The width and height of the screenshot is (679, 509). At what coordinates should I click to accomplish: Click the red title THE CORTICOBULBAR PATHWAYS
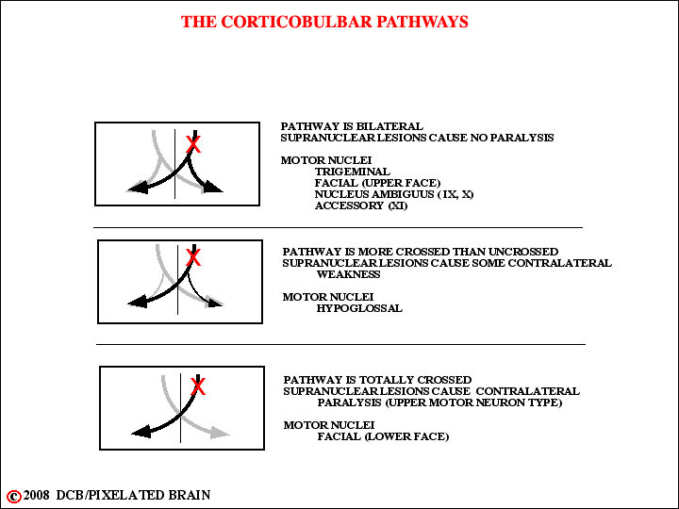(324, 22)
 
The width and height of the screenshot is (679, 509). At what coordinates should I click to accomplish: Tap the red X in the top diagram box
(193, 144)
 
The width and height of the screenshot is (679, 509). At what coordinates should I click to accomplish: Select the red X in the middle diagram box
(193, 257)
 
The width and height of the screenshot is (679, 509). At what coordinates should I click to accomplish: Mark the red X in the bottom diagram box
(198, 386)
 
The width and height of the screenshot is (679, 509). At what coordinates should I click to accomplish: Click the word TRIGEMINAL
(352, 172)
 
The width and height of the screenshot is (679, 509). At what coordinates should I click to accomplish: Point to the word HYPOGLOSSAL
(359, 308)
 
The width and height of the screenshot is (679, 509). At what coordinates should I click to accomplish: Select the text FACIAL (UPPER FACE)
(377, 183)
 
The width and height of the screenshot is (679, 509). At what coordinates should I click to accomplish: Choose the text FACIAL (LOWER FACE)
(383, 436)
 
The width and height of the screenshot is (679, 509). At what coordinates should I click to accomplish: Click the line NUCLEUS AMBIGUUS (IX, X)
(394, 194)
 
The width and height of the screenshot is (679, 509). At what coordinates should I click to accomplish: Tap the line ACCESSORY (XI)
(361, 205)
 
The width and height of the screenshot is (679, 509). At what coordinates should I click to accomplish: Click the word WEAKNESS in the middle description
(348, 274)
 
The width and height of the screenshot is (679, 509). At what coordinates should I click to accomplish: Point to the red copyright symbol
(14, 496)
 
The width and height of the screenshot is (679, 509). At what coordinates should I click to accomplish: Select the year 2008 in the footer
(36, 495)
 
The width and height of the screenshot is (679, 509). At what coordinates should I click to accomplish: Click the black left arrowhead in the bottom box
(141, 432)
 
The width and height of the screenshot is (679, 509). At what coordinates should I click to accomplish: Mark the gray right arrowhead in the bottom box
(220, 433)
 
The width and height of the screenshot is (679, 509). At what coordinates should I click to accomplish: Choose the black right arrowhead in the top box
(213, 187)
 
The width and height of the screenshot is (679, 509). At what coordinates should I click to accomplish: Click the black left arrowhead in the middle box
(138, 302)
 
